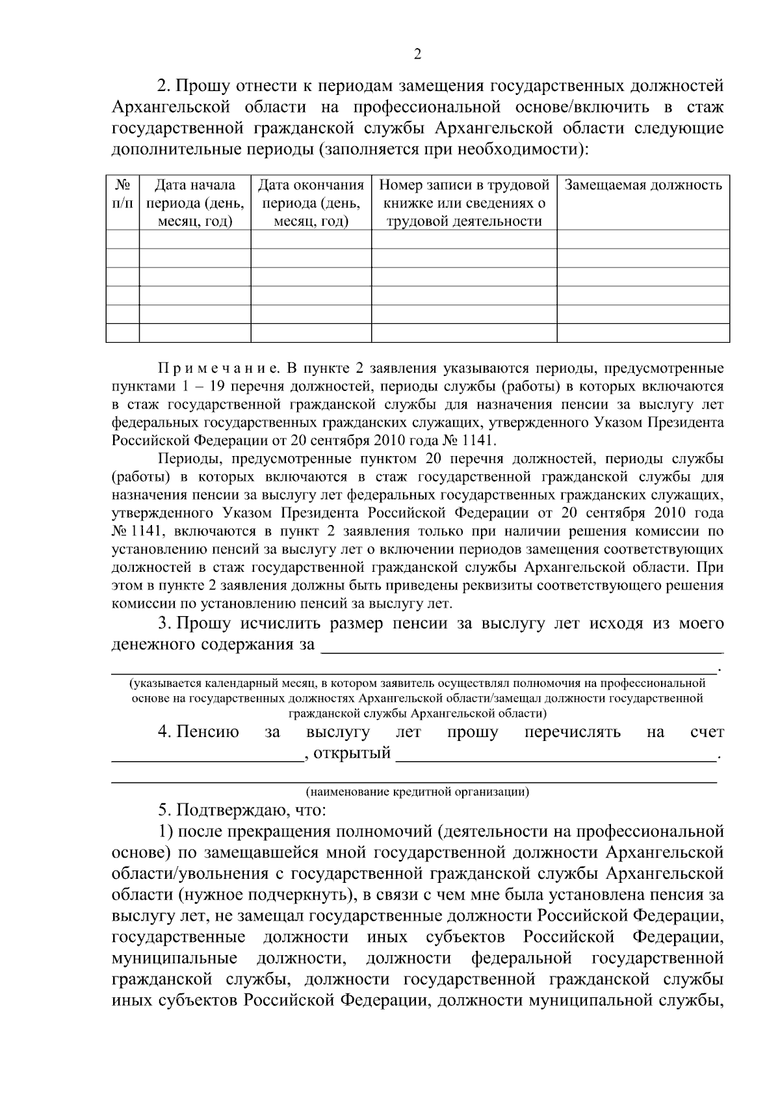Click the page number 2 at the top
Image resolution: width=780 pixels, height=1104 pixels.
tap(417, 54)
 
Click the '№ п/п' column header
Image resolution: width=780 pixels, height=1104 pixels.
tap(122, 194)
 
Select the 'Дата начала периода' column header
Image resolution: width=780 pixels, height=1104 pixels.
tap(195, 203)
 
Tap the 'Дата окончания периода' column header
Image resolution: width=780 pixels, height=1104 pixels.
tap(311, 203)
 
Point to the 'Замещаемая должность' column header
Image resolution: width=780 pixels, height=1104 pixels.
tap(643, 185)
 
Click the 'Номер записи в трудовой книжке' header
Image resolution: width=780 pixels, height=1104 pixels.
tap(464, 203)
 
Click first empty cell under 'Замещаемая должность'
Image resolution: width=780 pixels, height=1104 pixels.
tap(643, 239)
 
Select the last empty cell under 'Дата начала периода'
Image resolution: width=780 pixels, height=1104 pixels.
tap(195, 333)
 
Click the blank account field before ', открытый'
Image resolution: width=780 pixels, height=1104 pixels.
tap(207, 755)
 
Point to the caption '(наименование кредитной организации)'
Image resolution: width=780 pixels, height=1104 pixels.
tap(417, 792)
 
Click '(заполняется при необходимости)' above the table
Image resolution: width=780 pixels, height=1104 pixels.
tap(454, 149)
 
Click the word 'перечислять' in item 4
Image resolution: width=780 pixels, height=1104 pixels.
tap(572, 733)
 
